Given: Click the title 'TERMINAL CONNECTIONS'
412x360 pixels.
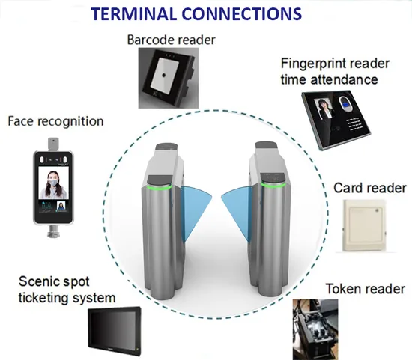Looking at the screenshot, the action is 196,14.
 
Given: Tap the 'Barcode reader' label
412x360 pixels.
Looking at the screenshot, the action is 171,40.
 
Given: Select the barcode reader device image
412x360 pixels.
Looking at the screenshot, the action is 169,78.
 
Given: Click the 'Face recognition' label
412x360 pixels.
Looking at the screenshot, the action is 55,121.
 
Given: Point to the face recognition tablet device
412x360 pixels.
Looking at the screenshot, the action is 53,187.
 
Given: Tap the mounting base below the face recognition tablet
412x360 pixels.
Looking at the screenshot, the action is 53,231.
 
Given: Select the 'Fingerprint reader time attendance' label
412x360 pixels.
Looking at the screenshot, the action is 335,71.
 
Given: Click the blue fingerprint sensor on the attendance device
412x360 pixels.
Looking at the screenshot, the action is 345,103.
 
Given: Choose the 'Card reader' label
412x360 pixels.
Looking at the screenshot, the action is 370,189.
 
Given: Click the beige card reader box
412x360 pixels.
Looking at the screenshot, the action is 365,226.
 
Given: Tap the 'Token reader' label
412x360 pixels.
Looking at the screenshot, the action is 366,289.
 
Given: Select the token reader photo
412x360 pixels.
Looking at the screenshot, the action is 315,329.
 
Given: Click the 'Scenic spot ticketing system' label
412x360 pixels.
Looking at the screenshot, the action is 67,290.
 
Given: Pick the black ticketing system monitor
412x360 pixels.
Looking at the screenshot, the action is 115,332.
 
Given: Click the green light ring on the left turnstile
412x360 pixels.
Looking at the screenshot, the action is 160,188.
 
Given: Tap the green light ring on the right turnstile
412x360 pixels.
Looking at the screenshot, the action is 273,185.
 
